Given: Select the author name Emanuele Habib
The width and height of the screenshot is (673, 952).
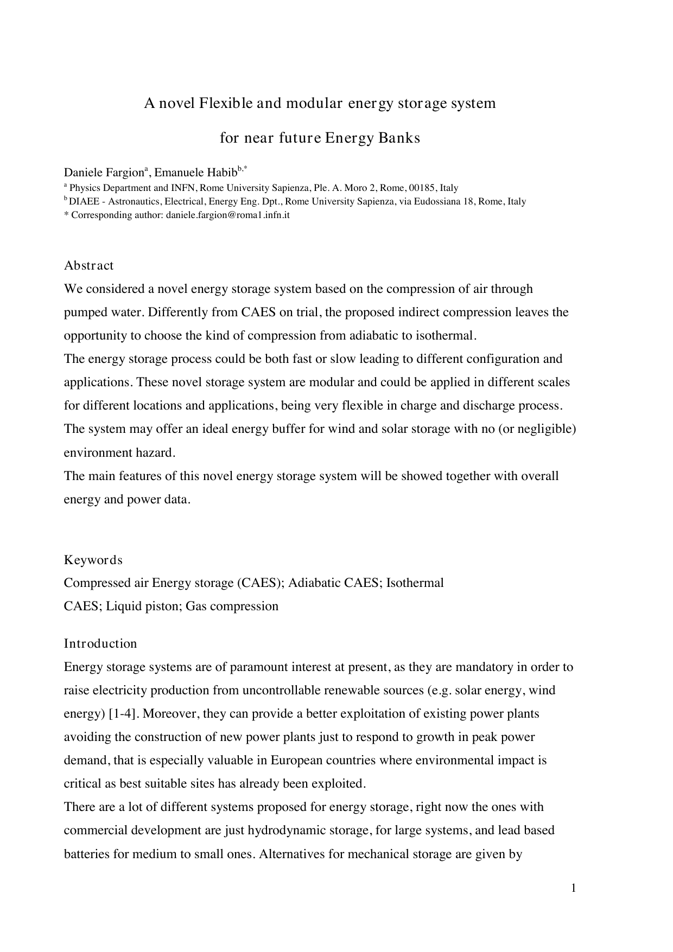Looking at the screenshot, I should click(196, 173).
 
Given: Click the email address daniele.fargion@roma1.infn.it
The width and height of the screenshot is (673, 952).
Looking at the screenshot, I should click(228, 215).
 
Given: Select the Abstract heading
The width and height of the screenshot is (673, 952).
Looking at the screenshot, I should click(89, 266).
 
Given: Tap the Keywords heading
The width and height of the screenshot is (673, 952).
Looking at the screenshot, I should click(93, 560).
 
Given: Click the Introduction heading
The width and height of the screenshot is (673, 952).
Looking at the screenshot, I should click(100, 644).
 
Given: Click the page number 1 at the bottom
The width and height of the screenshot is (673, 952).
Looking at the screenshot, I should click(573, 888).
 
